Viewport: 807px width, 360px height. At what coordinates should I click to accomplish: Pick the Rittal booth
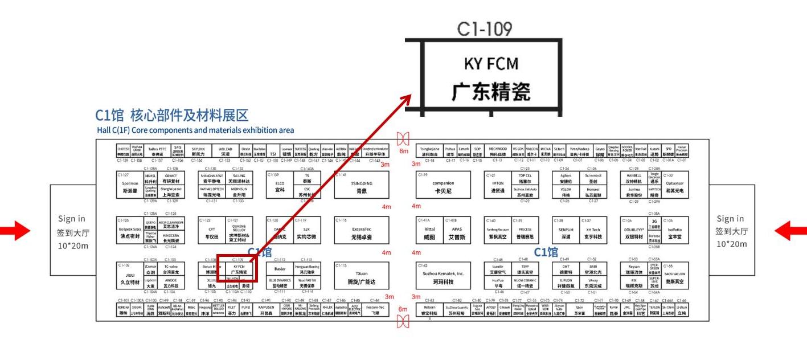coord(429,232)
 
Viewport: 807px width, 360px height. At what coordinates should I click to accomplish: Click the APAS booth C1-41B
coord(457,232)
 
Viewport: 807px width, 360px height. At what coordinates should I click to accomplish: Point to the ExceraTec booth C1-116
coord(361,232)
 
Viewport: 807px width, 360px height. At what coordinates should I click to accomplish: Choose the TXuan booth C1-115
coord(361,277)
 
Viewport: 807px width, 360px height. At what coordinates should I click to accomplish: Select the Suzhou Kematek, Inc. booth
coord(444,277)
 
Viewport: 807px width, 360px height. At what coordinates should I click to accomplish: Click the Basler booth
coord(280,269)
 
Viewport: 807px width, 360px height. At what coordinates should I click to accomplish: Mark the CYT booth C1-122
coord(212,232)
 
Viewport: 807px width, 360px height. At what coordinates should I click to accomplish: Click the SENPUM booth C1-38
coord(565,232)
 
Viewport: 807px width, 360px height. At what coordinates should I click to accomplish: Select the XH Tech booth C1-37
coord(592,232)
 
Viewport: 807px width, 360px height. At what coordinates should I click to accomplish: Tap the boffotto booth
coord(674,232)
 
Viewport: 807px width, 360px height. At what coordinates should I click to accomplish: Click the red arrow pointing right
coord(22,231)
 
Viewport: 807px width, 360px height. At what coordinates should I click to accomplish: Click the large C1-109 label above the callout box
coord(485,30)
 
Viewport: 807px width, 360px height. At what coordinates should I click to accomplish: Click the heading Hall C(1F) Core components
coord(195,130)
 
